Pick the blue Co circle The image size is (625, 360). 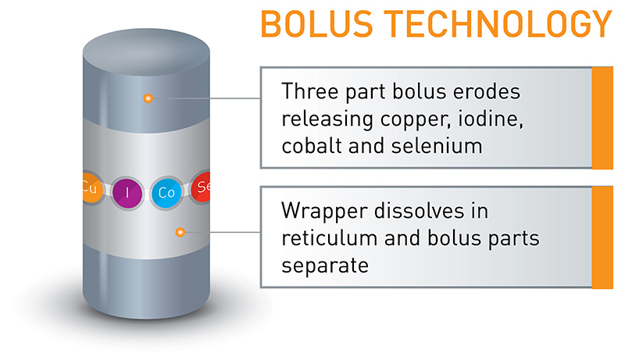pyautogui.click(x=166, y=190)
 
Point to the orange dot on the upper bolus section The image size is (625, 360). pyautogui.click(x=147, y=98)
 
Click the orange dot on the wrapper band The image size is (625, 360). pyautogui.click(x=180, y=232)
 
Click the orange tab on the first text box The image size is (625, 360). pyautogui.click(x=602, y=118)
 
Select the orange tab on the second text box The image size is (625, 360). pyautogui.click(x=602, y=237)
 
